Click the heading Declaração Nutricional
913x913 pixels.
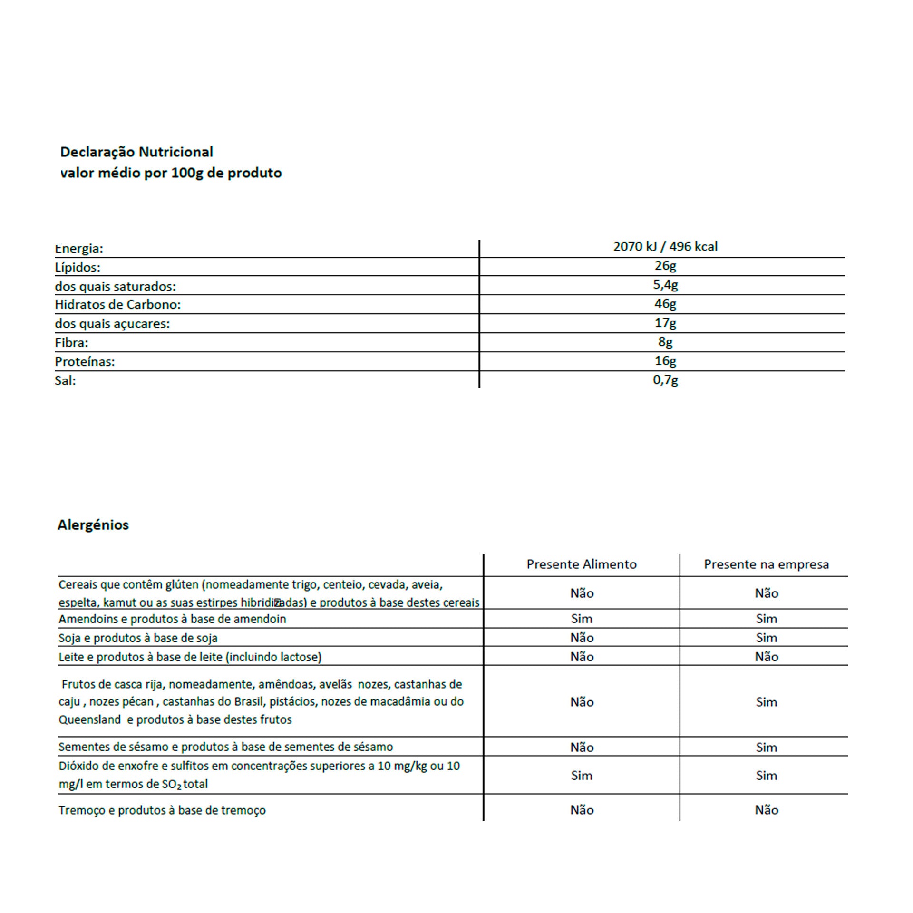pos(136,152)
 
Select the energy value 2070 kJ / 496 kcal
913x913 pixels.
pos(665,246)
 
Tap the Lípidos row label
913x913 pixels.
pos(78,267)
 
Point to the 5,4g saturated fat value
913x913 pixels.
pos(665,285)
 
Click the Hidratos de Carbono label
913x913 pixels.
pos(117,304)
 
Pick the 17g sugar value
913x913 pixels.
pos(665,323)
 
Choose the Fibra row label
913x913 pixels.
pos(71,342)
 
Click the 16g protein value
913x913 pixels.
pos(665,361)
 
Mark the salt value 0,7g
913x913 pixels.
pos(665,379)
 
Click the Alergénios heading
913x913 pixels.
pos(93,525)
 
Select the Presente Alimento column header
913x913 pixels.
pos(581,564)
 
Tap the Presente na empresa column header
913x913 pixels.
pos(766,564)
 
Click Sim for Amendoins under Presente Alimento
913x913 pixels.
pos(582,619)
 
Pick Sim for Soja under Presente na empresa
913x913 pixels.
pos(766,638)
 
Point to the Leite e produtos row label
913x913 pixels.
pos(190,657)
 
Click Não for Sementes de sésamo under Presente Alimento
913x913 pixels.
pos(582,747)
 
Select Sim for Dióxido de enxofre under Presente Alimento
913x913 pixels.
pos(582,776)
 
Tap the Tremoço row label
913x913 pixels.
pos(162,810)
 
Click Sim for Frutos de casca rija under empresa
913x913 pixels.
pos(766,702)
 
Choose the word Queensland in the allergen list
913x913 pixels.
pos(89,719)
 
